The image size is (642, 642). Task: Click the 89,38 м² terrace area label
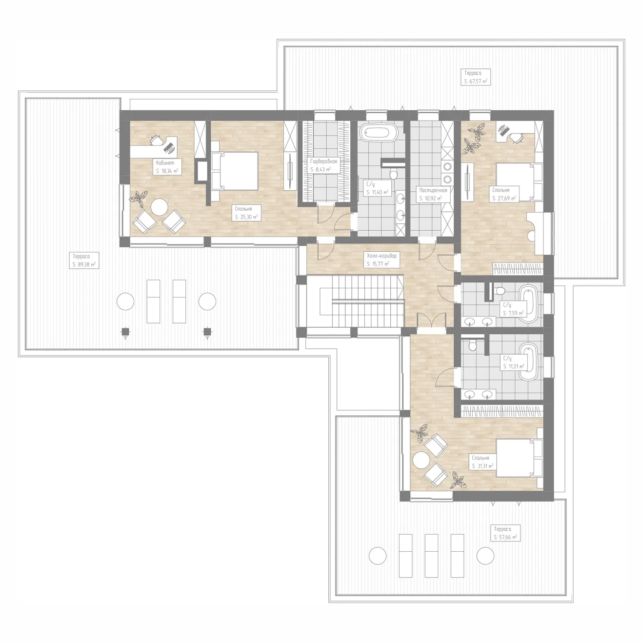84,260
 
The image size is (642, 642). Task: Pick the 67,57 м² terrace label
476,77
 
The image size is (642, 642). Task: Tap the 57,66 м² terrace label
505,533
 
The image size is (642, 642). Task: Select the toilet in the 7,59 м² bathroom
500,291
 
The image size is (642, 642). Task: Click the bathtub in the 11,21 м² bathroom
528,361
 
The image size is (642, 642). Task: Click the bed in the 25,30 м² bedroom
235,171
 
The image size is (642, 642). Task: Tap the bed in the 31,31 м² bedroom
519,459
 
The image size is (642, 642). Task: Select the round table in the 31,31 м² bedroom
421,460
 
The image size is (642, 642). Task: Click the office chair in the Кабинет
156,140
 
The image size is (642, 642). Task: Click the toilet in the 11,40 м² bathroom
394,174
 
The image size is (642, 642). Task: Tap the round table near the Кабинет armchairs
159,207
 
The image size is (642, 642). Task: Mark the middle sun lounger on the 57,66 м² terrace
431,555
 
